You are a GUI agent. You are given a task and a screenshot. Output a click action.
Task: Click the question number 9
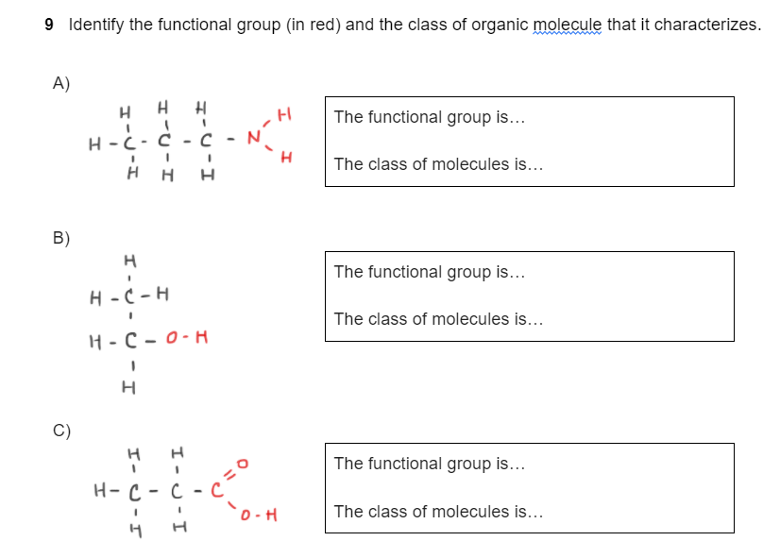point(49,25)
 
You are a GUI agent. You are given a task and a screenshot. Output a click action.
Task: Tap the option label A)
point(61,83)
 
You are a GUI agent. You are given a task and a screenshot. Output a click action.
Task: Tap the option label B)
point(61,238)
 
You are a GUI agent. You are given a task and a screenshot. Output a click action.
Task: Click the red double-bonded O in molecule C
point(242,464)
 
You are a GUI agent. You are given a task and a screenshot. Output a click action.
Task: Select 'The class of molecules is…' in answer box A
point(438,164)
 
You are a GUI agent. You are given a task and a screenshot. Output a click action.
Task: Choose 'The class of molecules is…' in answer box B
point(438,319)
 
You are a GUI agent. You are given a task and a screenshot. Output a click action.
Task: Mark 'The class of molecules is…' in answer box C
point(438,512)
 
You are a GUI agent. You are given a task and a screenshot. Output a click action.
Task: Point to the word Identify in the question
point(96,25)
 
